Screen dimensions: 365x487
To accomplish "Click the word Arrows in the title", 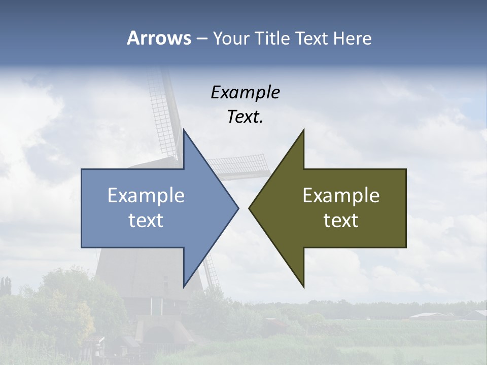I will click(x=159, y=38).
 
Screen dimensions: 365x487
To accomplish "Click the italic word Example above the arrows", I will click(x=245, y=92).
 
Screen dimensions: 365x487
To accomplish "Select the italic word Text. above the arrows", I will click(x=245, y=117).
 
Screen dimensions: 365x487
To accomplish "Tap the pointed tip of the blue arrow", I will click(x=238, y=208).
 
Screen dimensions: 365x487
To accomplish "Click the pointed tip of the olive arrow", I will click(x=249, y=208).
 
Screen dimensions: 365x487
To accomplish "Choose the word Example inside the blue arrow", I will click(x=146, y=196).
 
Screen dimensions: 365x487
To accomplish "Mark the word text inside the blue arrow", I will click(x=146, y=221).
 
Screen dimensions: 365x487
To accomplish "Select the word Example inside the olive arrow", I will click(x=341, y=196).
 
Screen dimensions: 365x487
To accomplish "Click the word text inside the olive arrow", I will click(x=341, y=221).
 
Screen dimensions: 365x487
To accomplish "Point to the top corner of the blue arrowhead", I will click(x=184, y=130).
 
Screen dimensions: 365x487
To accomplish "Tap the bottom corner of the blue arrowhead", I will click(x=184, y=287).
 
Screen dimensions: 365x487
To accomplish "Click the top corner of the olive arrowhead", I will click(x=303, y=130).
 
